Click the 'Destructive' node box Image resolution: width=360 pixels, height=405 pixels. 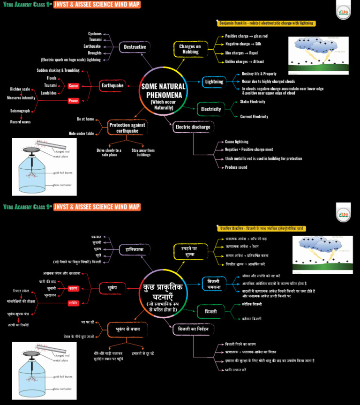pyautogui.click(x=135, y=47)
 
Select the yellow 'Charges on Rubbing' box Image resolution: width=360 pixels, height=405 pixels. pyautogui.click(x=190, y=49)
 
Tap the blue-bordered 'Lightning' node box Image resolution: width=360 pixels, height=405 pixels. pyautogui.click(x=214, y=82)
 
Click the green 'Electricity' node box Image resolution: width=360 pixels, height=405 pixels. pyautogui.click(x=211, y=109)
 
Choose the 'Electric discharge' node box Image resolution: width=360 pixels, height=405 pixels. pyautogui.click(x=192, y=127)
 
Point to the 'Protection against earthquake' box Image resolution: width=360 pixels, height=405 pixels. pyautogui.click(x=127, y=127)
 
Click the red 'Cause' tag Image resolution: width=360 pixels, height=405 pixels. pyautogui.click(x=74, y=86)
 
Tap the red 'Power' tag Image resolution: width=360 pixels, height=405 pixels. pyautogui.click(x=74, y=101)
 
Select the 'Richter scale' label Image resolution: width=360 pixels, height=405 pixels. pyautogui.click(x=20, y=89)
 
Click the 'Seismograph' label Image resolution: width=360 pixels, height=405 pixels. pyautogui.click(x=20, y=111)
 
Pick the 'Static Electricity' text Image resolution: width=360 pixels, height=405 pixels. pyautogui.click(x=253, y=102)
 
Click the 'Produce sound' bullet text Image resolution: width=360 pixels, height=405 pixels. pyautogui.click(x=236, y=167)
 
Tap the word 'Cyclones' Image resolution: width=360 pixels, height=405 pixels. pyautogui.click(x=95, y=34)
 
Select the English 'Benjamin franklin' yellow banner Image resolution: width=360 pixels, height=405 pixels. pyautogui.click(x=267, y=23)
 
